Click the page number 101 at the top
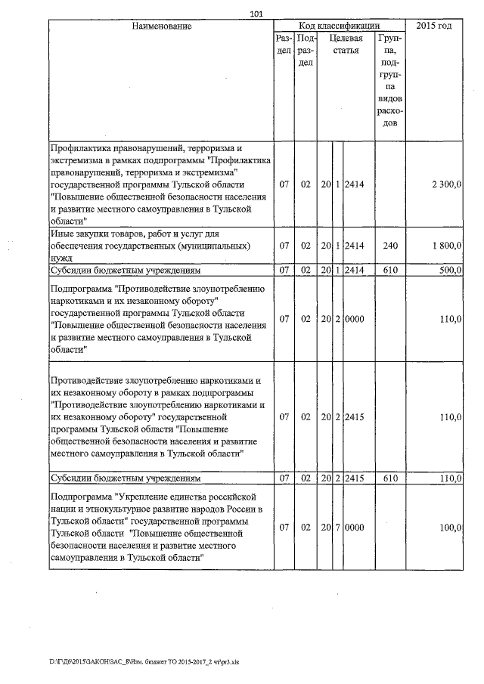click(255, 14)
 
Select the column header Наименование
click(161, 26)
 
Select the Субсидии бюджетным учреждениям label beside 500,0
click(125, 270)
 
